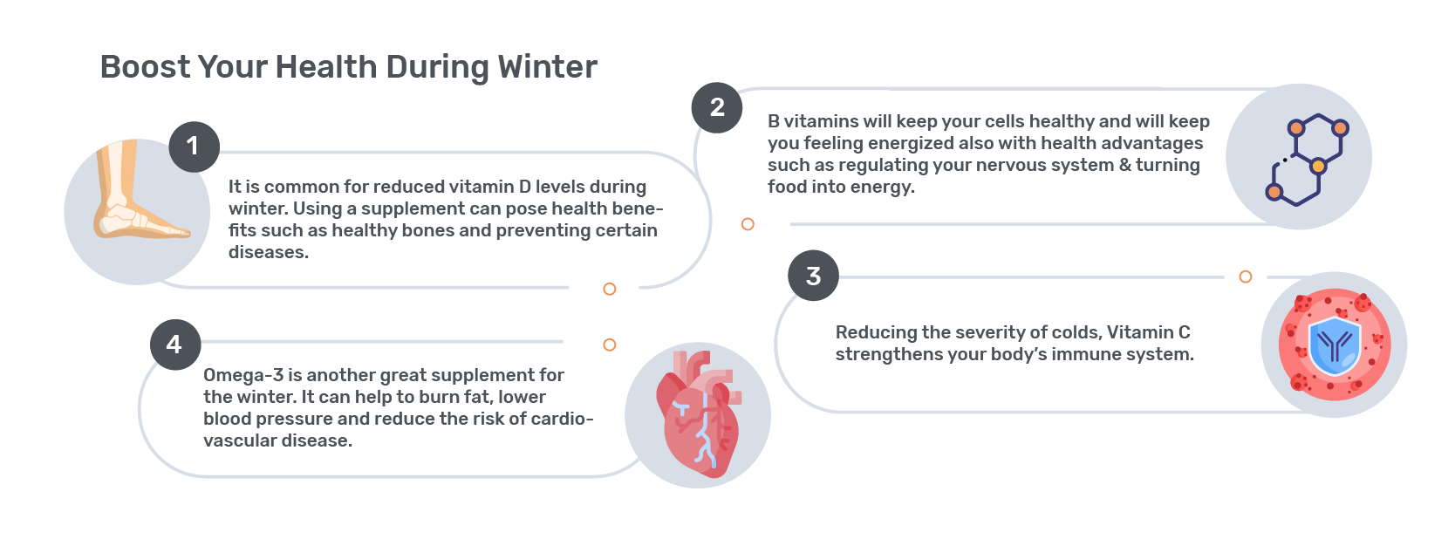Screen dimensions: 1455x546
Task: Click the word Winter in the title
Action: pyautogui.click(x=547, y=67)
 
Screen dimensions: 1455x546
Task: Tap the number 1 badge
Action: pyautogui.click(x=195, y=147)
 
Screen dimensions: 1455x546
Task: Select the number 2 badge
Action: pyautogui.click(x=716, y=108)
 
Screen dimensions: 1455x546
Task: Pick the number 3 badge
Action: pyautogui.click(x=813, y=276)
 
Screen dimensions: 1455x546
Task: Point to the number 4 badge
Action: pyautogui.click(x=175, y=345)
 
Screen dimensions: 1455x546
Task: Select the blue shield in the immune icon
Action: pyautogui.click(x=1335, y=346)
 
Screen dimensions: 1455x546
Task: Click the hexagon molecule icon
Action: pyautogui.click(x=1307, y=160)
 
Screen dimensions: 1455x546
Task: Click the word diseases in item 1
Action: pyautogui.click(x=269, y=253)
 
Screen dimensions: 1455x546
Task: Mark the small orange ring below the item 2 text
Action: pyautogui.click(x=748, y=224)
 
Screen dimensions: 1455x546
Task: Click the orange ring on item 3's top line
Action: pyautogui.click(x=1245, y=276)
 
